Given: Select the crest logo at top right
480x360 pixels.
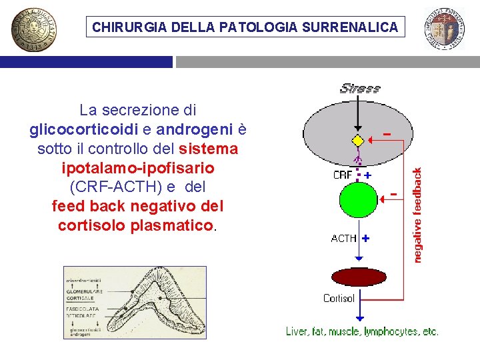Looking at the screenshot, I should click(445, 29).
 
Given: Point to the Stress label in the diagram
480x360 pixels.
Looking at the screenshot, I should click(360, 88).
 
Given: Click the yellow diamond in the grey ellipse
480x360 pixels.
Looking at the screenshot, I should click(358, 141).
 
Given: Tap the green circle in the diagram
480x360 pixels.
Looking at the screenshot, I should click(358, 200).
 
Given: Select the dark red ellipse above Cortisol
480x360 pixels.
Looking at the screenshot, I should click(359, 277).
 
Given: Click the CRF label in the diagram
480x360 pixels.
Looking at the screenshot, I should click(342, 175).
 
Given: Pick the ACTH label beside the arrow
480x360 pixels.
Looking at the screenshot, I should click(344, 238).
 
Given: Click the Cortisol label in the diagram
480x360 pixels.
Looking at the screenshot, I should click(339, 298).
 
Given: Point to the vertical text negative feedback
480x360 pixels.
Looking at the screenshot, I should click(418, 214).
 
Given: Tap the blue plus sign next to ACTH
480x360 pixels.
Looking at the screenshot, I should click(366, 237).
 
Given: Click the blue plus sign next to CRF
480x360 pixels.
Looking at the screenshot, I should click(367, 175).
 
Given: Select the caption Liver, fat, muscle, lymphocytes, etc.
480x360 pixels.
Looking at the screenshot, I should click(362, 331).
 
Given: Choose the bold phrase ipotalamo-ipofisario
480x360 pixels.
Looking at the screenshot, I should click(137, 167).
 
